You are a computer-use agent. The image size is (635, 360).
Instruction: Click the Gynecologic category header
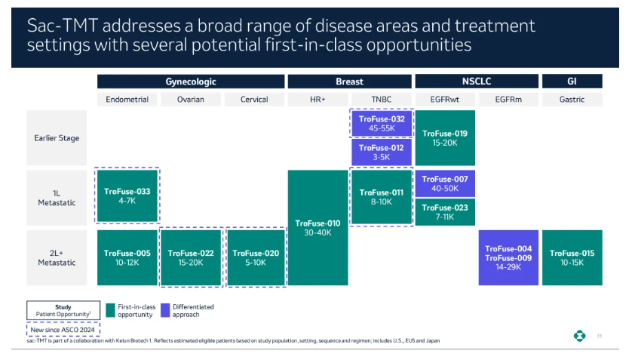pyautogui.click(x=191, y=82)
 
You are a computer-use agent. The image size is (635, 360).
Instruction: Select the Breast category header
pyautogui.click(x=349, y=82)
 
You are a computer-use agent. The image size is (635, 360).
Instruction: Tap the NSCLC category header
pyautogui.click(x=477, y=82)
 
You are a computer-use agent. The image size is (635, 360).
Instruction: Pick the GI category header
pyautogui.click(x=572, y=82)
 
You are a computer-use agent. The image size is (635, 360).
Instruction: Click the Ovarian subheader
pyautogui.click(x=191, y=100)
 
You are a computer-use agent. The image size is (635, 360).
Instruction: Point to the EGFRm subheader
pyautogui.click(x=508, y=100)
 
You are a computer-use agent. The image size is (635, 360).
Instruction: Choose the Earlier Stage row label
pyautogui.click(x=57, y=138)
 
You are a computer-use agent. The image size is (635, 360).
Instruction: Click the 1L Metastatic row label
pyautogui.click(x=57, y=198)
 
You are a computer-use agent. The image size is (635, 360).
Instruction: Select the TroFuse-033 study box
pyautogui.click(x=127, y=195)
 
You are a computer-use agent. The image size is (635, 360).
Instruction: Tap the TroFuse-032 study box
pyautogui.click(x=382, y=123)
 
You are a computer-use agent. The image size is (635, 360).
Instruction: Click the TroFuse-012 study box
pyautogui.click(x=382, y=152)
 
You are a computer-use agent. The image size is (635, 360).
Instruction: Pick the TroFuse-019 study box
pyautogui.click(x=445, y=138)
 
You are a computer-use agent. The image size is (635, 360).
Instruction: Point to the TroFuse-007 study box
pyautogui.click(x=445, y=183)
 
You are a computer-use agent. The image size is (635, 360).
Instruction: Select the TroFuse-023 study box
pyautogui.click(x=445, y=212)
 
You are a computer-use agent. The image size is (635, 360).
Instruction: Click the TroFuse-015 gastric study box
pyautogui.click(x=572, y=258)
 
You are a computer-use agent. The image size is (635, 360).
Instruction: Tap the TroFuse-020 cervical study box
pyautogui.click(x=256, y=258)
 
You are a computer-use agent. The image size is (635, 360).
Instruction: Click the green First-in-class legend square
pyautogui.click(x=110, y=310)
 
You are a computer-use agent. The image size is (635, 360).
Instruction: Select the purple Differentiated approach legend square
pyautogui.click(x=165, y=310)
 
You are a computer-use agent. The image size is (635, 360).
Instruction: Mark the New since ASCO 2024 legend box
pyautogui.click(x=63, y=330)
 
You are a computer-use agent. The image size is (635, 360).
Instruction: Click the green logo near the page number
pyautogui.click(x=579, y=336)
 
